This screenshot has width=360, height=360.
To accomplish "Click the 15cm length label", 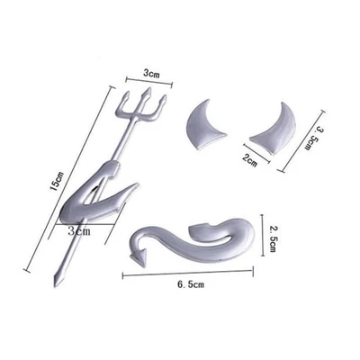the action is pos(57,182).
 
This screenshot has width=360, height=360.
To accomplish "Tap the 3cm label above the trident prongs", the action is pos(151,74).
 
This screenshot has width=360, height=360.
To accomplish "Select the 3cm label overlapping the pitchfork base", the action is pos(79,231).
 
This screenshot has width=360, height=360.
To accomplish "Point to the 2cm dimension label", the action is pos(249,160).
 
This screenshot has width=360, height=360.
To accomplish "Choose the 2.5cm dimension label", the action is pos(273,239).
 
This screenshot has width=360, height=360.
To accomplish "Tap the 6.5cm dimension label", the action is pos(191,284).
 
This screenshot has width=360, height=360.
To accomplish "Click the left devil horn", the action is pos(204,125).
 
